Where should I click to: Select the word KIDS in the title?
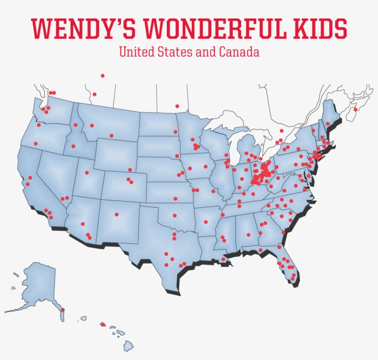tap(321, 29)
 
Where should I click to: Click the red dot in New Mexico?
tap(117, 214)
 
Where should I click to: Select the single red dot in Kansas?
tap(175, 199)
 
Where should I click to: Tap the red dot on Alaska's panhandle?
tap(63, 310)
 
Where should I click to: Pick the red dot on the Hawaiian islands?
tap(102, 324)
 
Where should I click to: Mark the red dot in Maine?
tap(328, 124)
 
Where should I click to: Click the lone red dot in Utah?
tap(87, 173)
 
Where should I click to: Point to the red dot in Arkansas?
tap(206, 222)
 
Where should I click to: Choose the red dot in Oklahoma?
tap(175, 215)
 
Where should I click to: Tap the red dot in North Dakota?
tap(175, 132)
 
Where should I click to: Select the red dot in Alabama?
tap(248, 235)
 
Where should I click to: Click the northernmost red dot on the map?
tap(102, 76)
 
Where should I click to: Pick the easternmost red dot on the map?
tap(355, 109)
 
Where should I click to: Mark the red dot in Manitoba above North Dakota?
tap(177, 106)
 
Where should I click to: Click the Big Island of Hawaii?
tap(129, 345)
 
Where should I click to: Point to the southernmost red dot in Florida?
tap(292, 278)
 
